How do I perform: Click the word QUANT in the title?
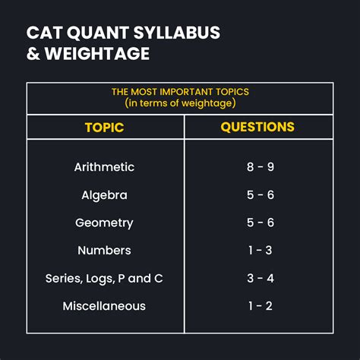point(98,33)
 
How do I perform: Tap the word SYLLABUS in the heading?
point(177,33)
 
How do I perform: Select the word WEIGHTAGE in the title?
point(97,53)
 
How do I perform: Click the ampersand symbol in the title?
point(33,53)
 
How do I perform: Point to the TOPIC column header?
point(104,128)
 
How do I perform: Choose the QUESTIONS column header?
point(257,127)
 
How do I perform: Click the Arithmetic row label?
point(104,167)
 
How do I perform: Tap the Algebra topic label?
point(104,195)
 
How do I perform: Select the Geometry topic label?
point(104,223)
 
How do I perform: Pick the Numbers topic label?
point(104,251)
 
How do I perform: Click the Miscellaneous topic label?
point(104,306)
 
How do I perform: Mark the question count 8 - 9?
point(261,167)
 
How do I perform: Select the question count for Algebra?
point(261,195)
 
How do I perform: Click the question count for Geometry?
point(261,223)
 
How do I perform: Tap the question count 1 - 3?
point(261,251)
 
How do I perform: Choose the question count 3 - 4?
point(261,278)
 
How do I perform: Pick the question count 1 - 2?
point(261,306)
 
